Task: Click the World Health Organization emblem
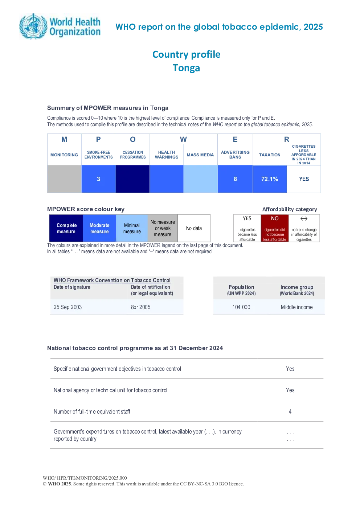point(33,26)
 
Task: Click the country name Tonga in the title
point(186,68)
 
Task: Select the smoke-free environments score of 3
point(98,179)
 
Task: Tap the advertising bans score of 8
point(235,179)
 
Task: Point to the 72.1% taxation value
point(270,179)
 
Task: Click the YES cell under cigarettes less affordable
point(304,179)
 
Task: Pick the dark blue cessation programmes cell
point(133,179)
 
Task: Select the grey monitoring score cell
point(64,179)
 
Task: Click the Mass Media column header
point(200,155)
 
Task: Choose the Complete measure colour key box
point(66,228)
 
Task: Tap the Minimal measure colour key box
point(132,228)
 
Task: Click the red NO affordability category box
point(275,228)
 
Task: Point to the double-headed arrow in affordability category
point(304,219)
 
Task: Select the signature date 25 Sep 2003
point(67,307)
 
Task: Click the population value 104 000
point(241,307)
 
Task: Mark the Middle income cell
point(296,307)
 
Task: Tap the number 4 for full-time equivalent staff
point(290,411)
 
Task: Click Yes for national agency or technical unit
point(290,390)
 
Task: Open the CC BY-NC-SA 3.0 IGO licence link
point(211,484)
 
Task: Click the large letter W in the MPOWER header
point(183,139)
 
